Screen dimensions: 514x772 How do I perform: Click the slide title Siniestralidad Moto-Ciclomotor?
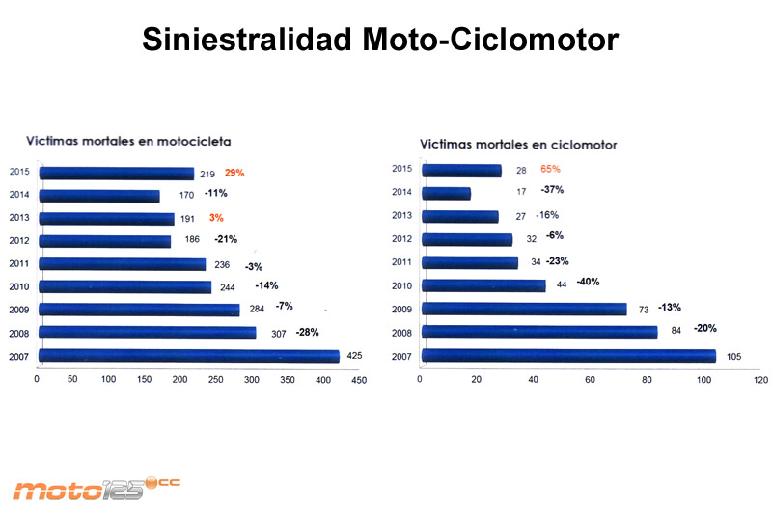(379, 40)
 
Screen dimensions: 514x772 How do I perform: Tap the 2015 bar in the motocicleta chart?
(115, 174)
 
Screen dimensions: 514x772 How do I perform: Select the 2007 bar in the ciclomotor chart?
(568, 356)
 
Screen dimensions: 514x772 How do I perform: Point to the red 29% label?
(234, 174)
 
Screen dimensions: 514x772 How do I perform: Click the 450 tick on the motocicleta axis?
(359, 380)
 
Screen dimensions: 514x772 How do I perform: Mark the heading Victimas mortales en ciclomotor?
(518, 145)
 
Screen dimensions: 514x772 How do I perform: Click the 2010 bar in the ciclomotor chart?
(483, 285)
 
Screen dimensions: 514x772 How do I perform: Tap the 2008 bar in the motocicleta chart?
(146, 333)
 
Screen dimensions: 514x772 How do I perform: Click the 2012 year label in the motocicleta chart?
(17, 240)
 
